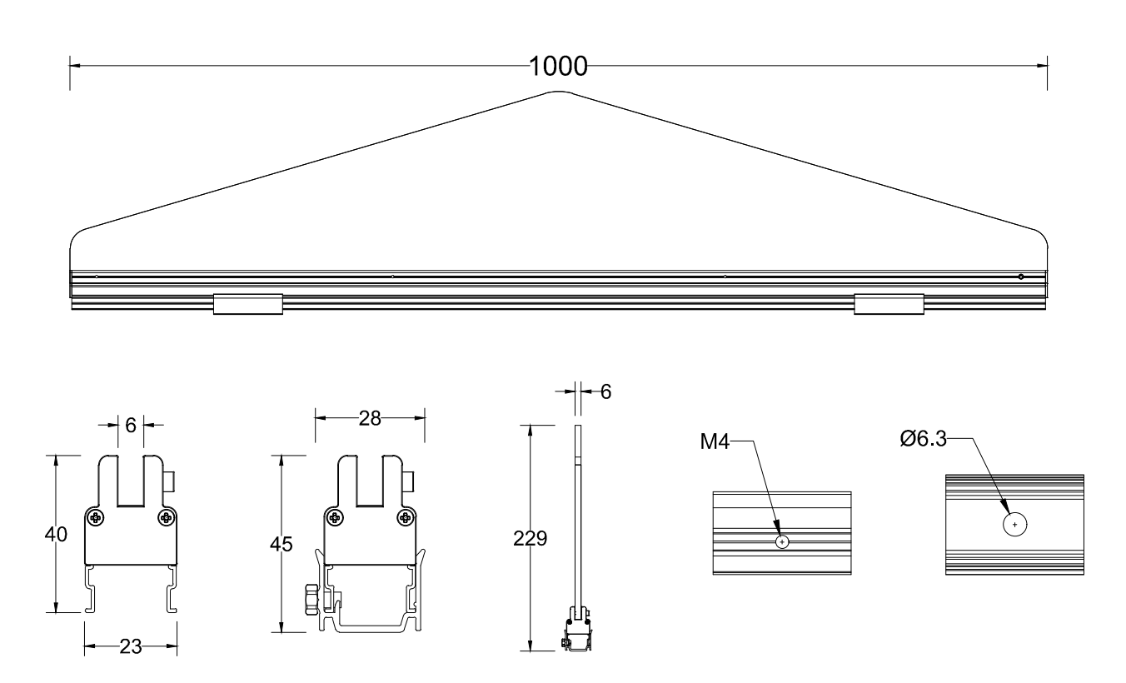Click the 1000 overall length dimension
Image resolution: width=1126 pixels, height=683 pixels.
558,66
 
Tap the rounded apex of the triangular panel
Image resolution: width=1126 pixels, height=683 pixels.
558,93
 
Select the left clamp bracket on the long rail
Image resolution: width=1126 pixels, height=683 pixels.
248,304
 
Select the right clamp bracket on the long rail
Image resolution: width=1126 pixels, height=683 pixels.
889,304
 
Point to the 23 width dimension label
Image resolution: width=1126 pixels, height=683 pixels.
131,646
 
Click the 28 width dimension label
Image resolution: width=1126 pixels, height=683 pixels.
369,419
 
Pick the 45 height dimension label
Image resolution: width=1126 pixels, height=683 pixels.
281,545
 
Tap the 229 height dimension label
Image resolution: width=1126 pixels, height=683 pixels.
531,539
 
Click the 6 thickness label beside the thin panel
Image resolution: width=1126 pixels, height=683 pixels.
605,391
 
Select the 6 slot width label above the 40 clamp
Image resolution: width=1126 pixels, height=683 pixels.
131,424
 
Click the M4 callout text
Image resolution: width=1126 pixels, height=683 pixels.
715,441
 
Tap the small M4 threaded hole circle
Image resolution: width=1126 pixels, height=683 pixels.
782,541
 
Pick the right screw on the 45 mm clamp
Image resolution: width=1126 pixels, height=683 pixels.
406,518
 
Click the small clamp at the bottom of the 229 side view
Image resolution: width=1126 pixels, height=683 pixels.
576,632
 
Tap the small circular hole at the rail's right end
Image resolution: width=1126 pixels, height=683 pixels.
1020,277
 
